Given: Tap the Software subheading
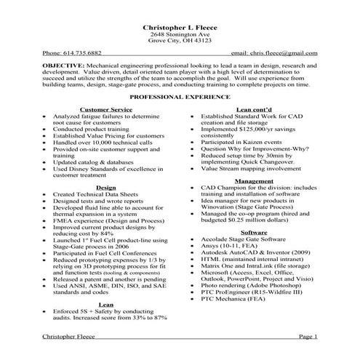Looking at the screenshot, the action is click(255, 231).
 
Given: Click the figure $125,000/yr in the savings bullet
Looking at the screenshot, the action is click(254, 128).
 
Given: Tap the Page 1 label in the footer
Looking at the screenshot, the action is click(307, 337).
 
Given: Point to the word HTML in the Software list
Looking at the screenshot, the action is click(210, 259).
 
